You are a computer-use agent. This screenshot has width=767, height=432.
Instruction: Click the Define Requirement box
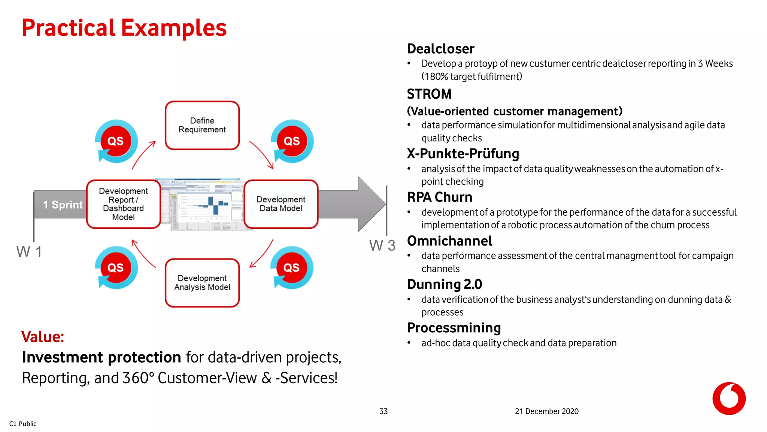(x=202, y=125)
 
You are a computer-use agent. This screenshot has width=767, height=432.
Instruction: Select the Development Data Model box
(x=281, y=204)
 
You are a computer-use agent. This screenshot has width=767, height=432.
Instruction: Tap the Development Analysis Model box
(x=202, y=283)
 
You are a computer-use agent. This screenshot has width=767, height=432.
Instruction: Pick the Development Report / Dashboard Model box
(x=123, y=204)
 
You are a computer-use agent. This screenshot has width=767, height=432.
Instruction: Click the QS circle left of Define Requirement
(x=116, y=141)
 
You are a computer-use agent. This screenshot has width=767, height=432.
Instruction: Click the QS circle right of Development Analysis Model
(x=291, y=268)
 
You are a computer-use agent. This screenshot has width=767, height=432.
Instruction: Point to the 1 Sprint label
(x=63, y=205)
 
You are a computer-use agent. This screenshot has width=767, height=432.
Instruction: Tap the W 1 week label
(x=29, y=252)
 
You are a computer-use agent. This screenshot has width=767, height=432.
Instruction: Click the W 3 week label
(x=382, y=246)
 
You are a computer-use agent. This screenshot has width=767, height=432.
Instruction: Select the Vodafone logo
(x=729, y=398)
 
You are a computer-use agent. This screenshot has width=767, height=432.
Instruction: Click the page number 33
(x=383, y=411)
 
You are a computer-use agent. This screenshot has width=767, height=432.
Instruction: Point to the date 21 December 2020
(x=546, y=411)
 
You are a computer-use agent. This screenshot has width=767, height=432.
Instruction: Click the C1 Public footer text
(x=23, y=424)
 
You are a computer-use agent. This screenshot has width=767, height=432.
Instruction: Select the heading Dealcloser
(x=440, y=49)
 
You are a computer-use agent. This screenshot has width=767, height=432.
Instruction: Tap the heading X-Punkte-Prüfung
(x=463, y=154)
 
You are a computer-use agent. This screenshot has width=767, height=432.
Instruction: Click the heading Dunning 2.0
(x=445, y=284)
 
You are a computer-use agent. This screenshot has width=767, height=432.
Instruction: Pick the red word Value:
(x=43, y=337)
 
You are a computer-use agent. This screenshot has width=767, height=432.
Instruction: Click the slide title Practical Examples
(x=124, y=28)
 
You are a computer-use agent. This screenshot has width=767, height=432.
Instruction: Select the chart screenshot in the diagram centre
(x=204, y=205)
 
